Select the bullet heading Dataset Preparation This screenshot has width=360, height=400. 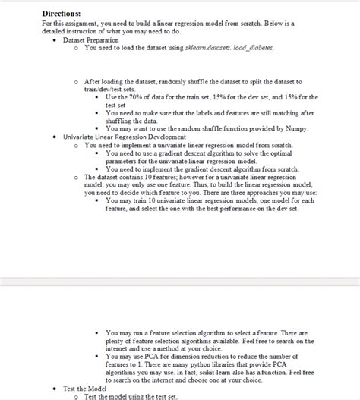coord(93,39)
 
